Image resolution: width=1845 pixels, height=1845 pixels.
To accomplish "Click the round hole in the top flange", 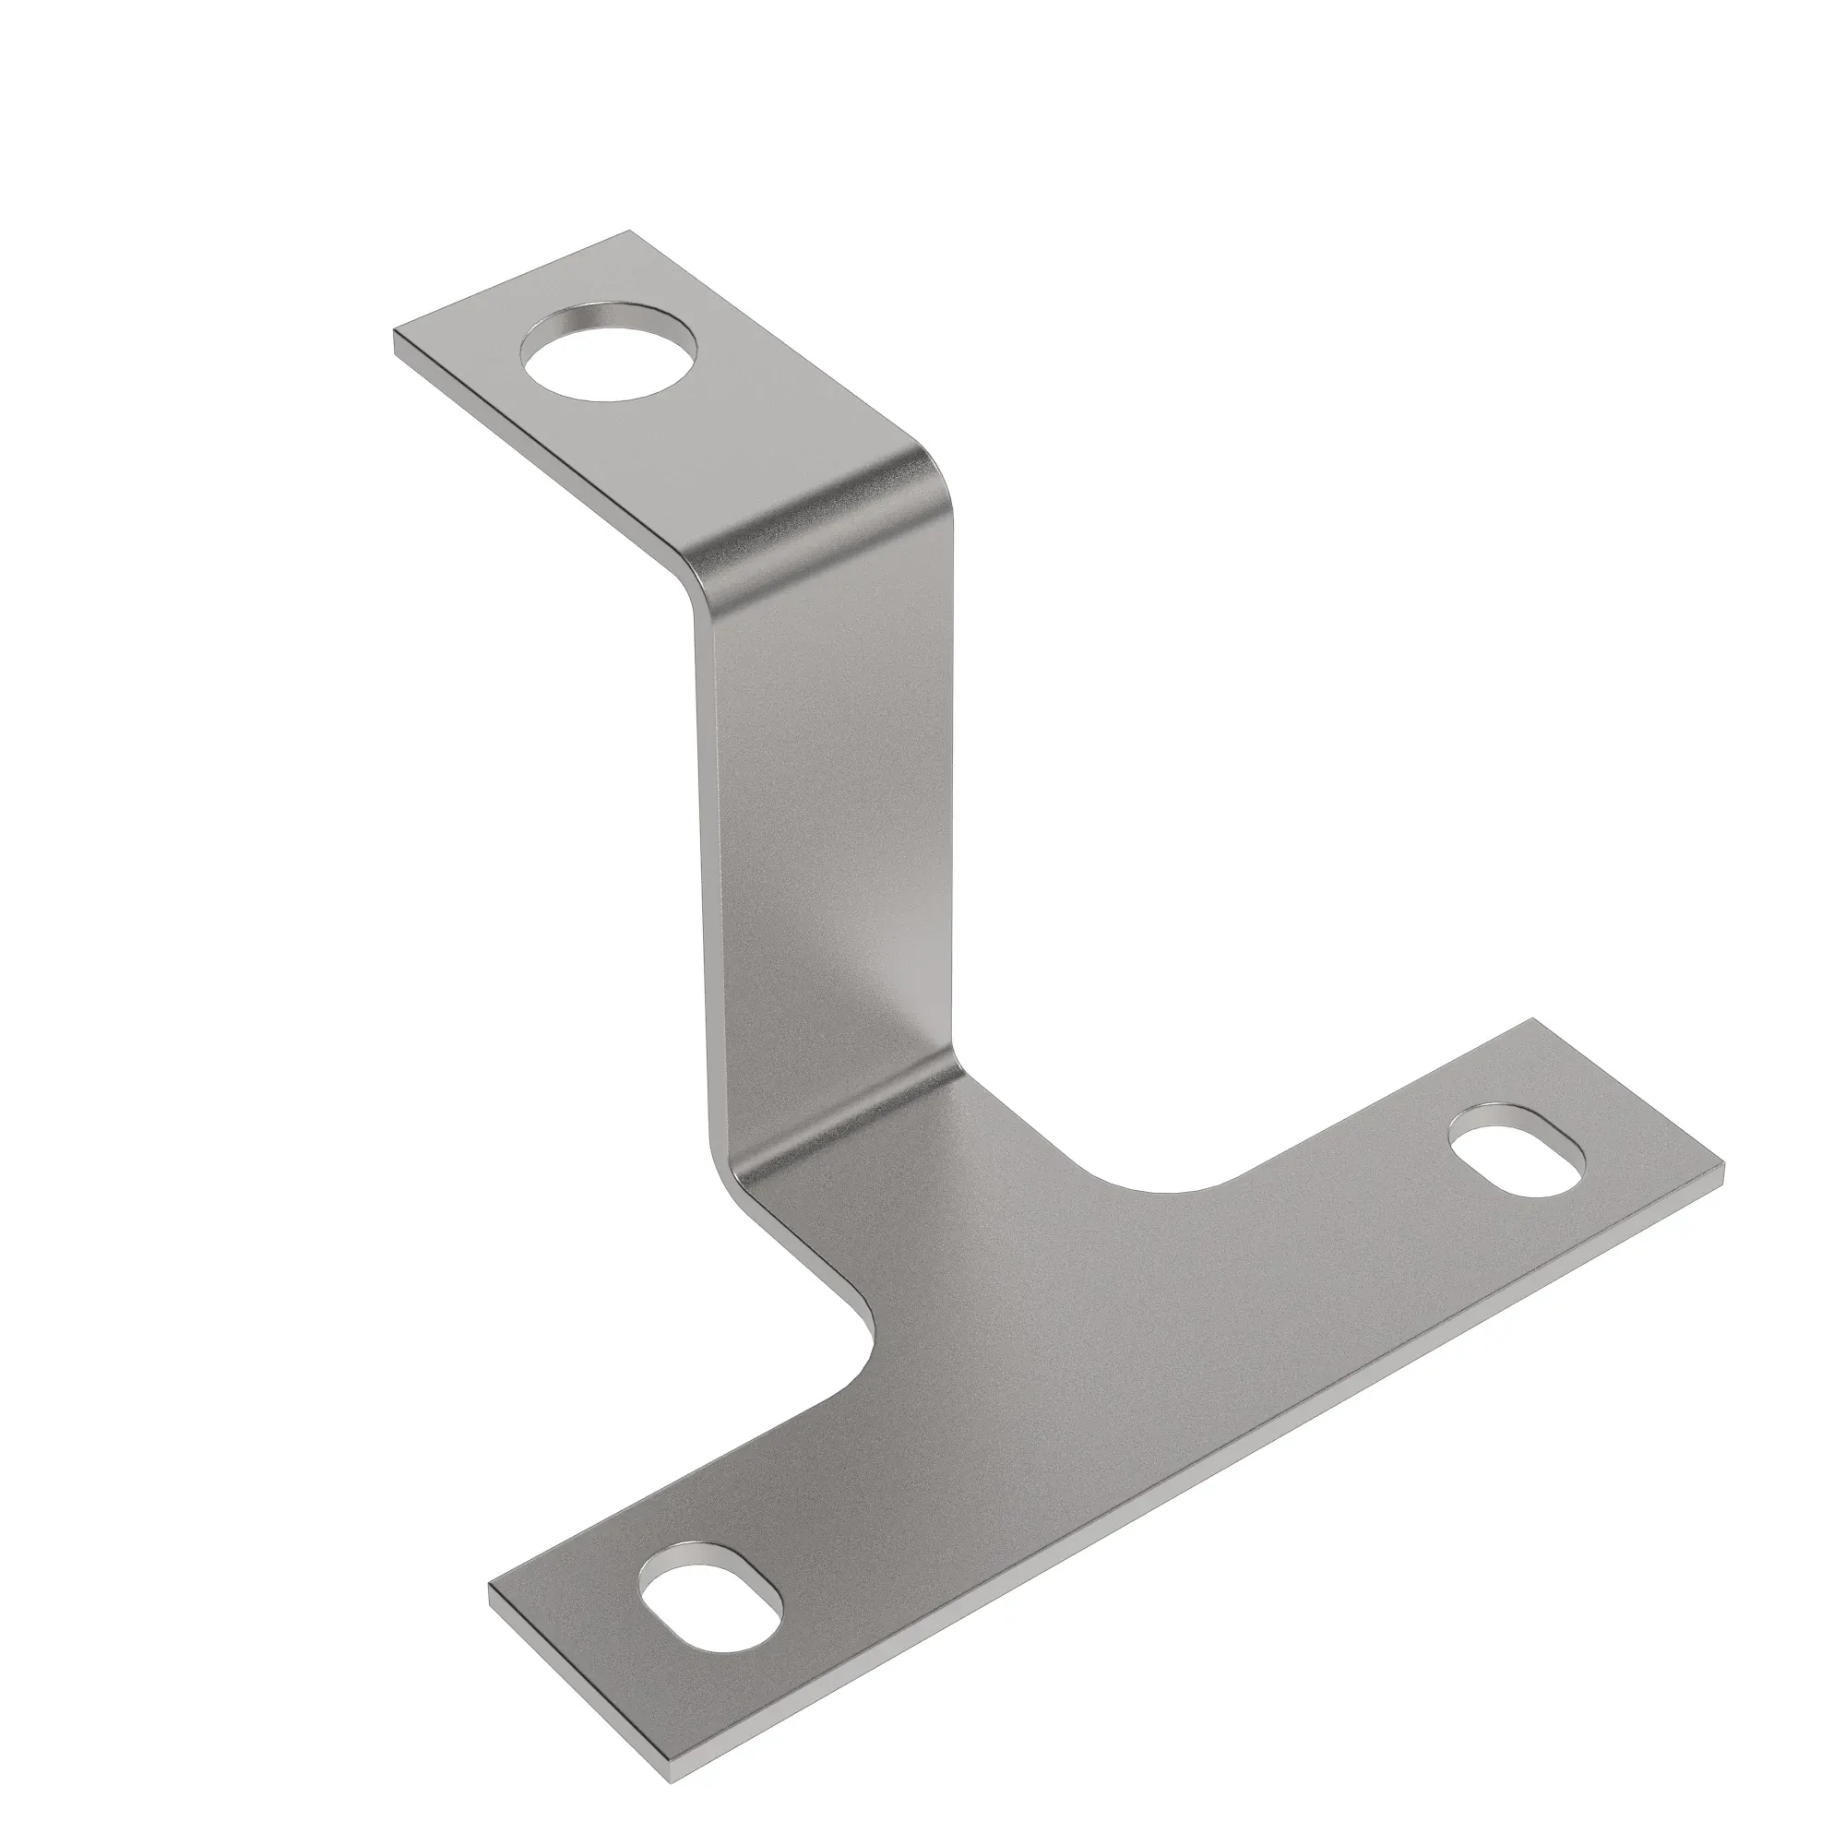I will click(x=609, y=352).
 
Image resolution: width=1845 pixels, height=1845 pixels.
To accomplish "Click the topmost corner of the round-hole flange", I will click(x=628, y=232).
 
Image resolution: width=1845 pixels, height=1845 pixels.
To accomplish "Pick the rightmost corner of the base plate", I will click(x=1725, y=1165).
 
